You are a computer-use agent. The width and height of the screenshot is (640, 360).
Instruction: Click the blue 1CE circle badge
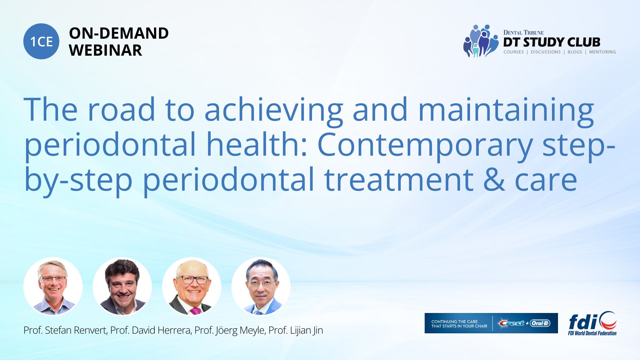click(x=41, y=41)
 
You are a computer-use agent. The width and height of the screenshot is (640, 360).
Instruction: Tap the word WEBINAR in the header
click(x=106, y=50)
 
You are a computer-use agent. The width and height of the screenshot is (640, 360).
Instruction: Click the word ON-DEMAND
click(x=119, y=33)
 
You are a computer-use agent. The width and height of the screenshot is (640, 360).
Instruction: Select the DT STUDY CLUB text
click(x=552, y=42)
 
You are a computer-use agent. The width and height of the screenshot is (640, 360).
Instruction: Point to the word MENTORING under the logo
click(x=602, y=52)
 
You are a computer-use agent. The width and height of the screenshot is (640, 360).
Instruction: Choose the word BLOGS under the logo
click(x=575, y=52)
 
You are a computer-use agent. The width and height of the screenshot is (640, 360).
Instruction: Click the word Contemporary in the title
click(x=424, y=145)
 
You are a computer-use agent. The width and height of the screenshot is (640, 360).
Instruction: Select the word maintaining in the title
click(x=506, y=110)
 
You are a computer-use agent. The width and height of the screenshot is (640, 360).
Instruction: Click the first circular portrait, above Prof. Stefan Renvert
click(x=53, y=286)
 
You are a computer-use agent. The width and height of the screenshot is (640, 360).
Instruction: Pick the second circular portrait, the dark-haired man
click(x=122, y=286)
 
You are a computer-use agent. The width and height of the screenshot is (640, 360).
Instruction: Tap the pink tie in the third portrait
click(x=195, y=311)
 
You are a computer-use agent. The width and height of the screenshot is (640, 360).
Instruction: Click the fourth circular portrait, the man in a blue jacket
click(x=261, y=286)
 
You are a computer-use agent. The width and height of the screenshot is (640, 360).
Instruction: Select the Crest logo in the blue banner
click(x=512, y=323)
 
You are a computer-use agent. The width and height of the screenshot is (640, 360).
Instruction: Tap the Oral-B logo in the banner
click(x=540, y=323)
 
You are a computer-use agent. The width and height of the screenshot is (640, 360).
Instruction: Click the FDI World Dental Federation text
click(x=592, y=333)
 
